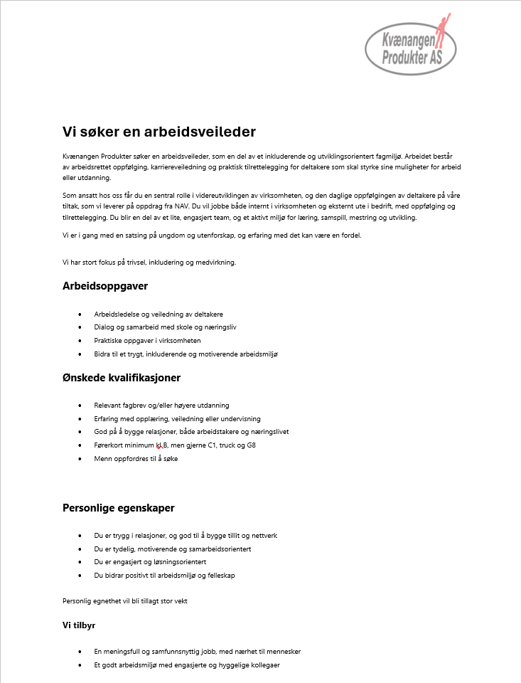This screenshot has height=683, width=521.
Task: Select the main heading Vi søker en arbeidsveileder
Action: (159, 132)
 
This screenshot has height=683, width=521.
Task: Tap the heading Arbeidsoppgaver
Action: (105, 286)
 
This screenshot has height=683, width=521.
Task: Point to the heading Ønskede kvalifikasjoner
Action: (122, 377)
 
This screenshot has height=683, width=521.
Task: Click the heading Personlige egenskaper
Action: (119, 508)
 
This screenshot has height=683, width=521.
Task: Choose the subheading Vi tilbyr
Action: (79, 625)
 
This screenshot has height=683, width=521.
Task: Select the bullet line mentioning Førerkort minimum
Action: (175, 445)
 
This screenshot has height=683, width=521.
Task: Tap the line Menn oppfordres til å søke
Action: (136, 459)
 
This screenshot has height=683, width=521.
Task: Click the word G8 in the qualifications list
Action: (251, 445)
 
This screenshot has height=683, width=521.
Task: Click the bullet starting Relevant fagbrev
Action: (161, 405)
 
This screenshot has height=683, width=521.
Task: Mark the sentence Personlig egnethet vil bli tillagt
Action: (125, 600)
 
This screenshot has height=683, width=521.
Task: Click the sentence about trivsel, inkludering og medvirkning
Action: (149, 263)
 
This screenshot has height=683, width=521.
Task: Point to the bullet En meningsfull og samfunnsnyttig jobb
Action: (197, 651)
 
